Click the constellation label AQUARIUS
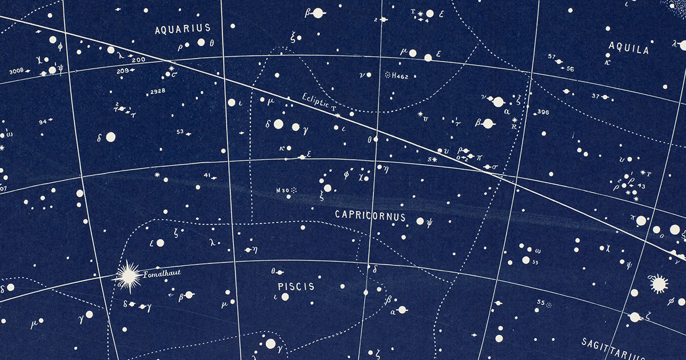[183, 28]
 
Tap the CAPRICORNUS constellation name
[370, 217]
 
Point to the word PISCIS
[296, 286]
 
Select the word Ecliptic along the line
[316, 101]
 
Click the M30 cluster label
[282, 190]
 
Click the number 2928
[157, 91]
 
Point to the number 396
[543, 112]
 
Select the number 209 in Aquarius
[122, 71]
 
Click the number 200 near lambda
[138, 59]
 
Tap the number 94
[42, 121]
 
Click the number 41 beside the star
[207, 175]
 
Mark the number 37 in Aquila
[596, 96]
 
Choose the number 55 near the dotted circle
[541, 302]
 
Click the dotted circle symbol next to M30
[295, 190]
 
